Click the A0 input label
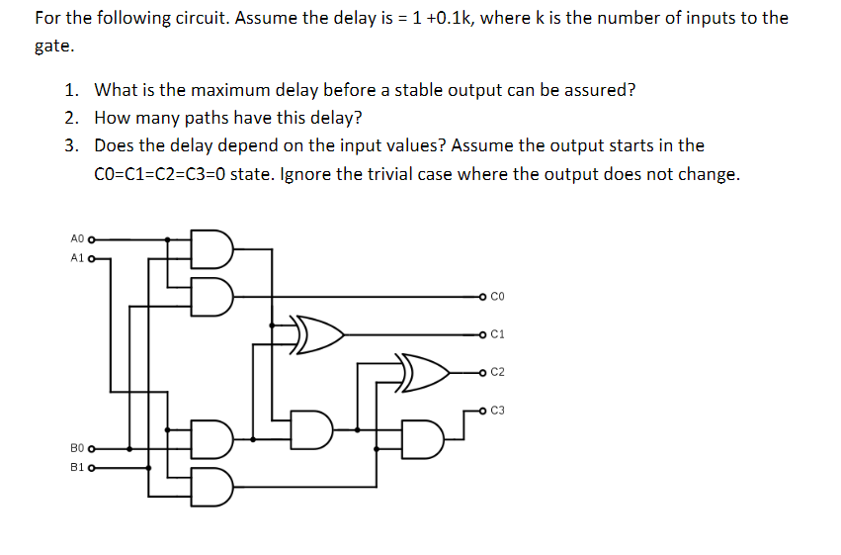coord(78,238)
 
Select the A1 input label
coord(78,259)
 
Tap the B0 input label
coord(78,448)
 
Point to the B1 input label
coord(78,468)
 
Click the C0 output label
coord(497,296)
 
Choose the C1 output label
coord(497,334)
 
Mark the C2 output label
coord(497,373)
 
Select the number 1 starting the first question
coord(71,90)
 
